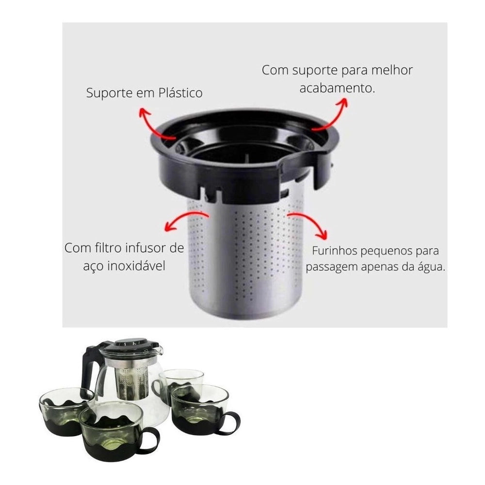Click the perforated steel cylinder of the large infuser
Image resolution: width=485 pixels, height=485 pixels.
[247, 262]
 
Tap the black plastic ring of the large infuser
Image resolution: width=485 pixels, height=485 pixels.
[242, 160]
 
